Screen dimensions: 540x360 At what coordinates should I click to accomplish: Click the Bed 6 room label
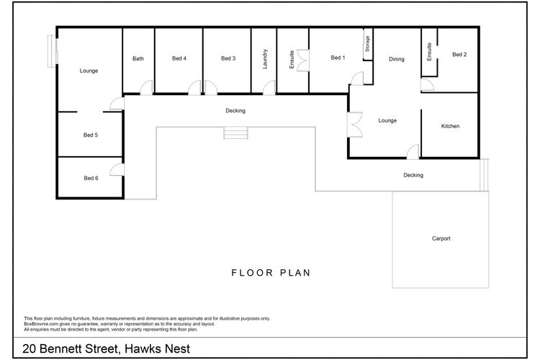91,178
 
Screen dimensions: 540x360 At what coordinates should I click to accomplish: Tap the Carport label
441,238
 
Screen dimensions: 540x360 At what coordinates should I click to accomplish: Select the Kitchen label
450,126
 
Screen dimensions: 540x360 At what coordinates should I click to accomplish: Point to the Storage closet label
367,44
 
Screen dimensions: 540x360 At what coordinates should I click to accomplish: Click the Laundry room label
265,59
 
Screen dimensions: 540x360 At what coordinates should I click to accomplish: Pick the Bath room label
138,58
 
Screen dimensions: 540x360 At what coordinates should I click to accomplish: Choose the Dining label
397,59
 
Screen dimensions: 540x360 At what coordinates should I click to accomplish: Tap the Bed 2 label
459,55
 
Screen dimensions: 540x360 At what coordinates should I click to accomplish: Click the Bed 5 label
91,135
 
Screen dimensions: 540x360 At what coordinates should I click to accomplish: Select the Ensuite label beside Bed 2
429,52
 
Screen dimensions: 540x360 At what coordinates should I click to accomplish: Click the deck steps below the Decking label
235,133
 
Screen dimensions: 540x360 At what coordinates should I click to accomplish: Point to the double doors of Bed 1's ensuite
303,60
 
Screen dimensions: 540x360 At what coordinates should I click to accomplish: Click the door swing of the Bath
146,88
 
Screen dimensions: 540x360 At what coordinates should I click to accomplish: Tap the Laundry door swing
269,88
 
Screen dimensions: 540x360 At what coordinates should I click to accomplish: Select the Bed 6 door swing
117,169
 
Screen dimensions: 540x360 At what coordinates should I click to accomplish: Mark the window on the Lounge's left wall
53,51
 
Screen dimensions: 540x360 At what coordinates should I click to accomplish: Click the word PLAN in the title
295,273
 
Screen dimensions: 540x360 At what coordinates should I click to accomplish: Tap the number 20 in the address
30,348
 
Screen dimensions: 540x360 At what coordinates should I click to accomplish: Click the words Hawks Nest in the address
157,348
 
